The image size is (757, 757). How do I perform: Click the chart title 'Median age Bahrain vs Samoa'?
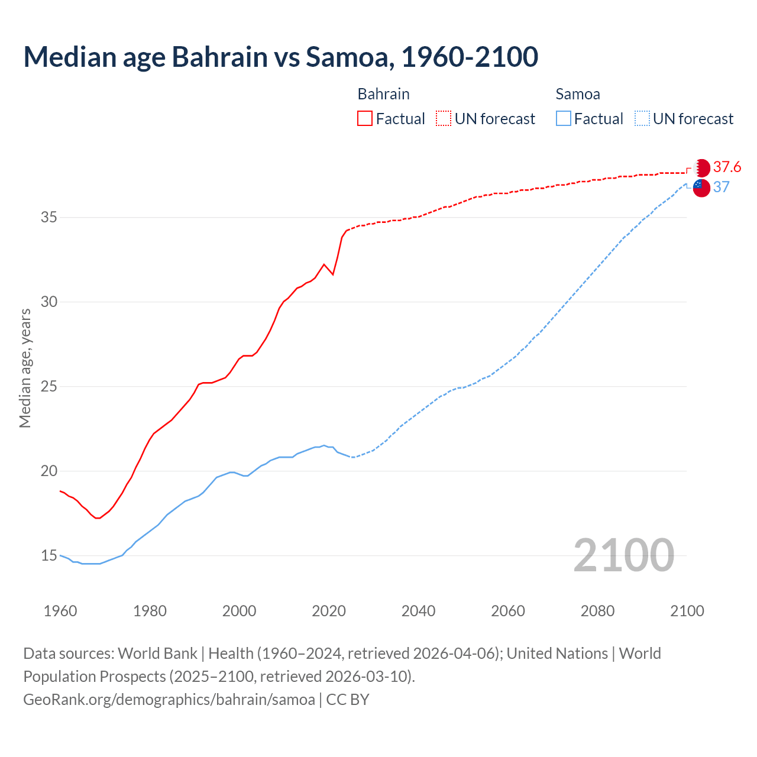280,57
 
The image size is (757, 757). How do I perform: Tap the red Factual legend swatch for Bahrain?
365,118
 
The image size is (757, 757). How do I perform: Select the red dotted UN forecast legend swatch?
444,118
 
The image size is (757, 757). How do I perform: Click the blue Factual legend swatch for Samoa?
564,118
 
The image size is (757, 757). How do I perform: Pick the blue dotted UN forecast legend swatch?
642,118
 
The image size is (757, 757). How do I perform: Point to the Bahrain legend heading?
383,94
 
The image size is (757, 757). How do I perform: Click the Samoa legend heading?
577,94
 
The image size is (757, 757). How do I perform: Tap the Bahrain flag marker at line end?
701,167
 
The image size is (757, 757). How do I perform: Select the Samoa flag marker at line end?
701,187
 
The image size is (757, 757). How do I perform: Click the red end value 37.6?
727,167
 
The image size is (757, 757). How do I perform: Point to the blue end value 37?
721,187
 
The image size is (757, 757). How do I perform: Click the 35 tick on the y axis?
48,218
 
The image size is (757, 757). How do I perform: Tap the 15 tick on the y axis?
48,556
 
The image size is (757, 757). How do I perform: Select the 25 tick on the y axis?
48,387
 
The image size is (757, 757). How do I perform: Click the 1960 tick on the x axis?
60,611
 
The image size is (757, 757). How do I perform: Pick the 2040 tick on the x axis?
418,611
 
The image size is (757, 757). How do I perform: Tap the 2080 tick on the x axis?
597,611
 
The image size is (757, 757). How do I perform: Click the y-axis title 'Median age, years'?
25,368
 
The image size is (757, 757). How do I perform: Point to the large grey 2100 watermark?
623,555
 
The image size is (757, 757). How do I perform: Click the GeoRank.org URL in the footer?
169,700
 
